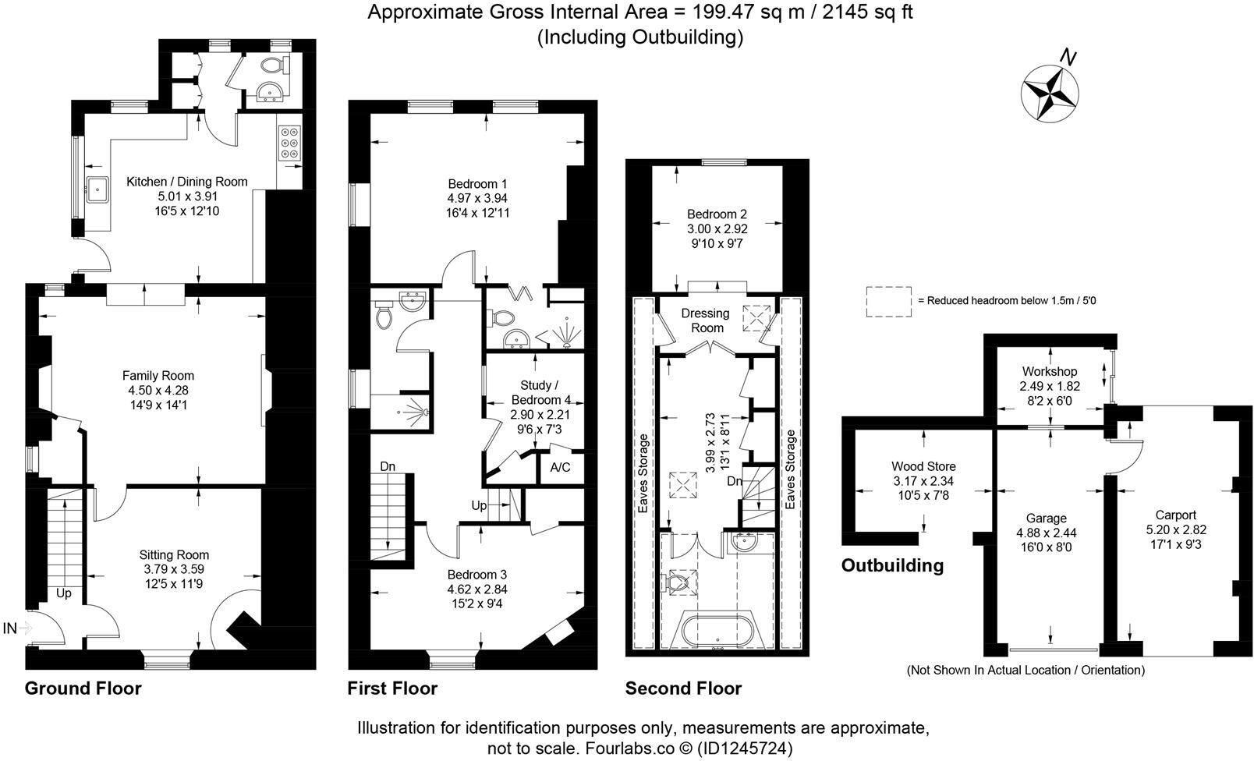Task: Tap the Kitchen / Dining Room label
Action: tap(187, 182)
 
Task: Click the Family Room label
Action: tap(158, 376)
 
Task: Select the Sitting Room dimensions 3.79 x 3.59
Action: tap(175, 569)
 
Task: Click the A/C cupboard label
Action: tap(561, 468)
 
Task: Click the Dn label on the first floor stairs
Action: tap(388, 466)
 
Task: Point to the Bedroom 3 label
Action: tap(477, 575)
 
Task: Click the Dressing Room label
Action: tap(705, 320)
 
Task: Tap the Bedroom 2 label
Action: tap(717, 214)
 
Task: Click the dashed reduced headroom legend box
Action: tap(888, 301)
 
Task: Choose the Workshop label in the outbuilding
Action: tap(1049, 372)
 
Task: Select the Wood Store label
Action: tap(923, 467)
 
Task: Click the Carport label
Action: tap(1175, 515)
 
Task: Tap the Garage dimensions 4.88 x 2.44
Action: tap(1046, 533)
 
